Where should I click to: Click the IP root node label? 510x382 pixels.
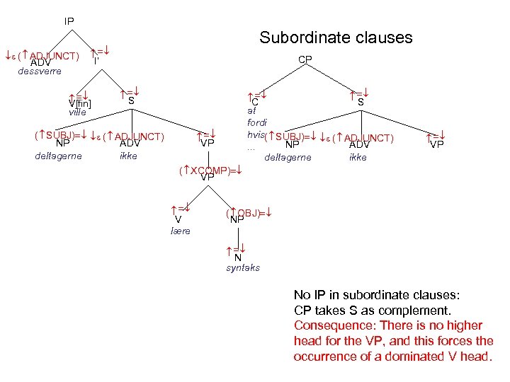pyautogui.click(x=69, y=21)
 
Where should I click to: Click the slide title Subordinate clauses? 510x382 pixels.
pyautogui.click(x=336, y=37)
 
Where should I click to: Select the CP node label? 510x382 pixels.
pyautogui.click(x=305, y=59)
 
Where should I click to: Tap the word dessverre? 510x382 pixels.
pyautogui.click(x=40, y=71)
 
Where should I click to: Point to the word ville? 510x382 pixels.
pyautogui.click(x=77, y=112)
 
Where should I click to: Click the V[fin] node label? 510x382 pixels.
pyautogui.click(x=80, y=105)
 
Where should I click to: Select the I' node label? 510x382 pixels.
pyautogui.click(x=96, y=61)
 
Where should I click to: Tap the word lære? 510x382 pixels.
pyautogui.click(x=181, y=231)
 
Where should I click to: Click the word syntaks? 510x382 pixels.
pyautogui.click(x=243, y=267)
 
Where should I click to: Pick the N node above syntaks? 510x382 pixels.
pyautogui.click(x=238, y=257)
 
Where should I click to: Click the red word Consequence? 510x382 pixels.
pyautogui.click(x=327, y=325)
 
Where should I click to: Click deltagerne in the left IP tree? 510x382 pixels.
pyautogui.click(x=58, y=156)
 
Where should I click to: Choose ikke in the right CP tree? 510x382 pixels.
pyautogui.click(x=358, y=157)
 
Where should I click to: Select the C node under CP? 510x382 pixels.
pyautogui.click(x=255, y=102)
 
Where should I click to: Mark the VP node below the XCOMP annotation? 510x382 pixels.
pyautogui.click(x=208, y=177)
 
